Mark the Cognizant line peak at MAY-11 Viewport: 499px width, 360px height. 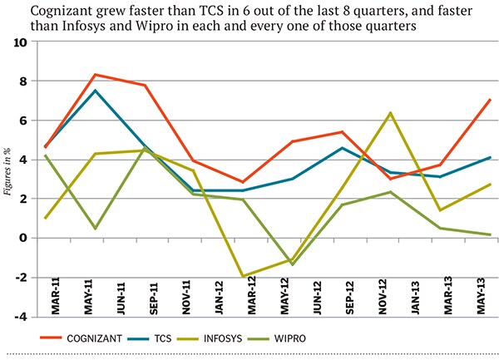click(95, 75)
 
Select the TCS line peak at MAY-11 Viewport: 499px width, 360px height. click(95, 91)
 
